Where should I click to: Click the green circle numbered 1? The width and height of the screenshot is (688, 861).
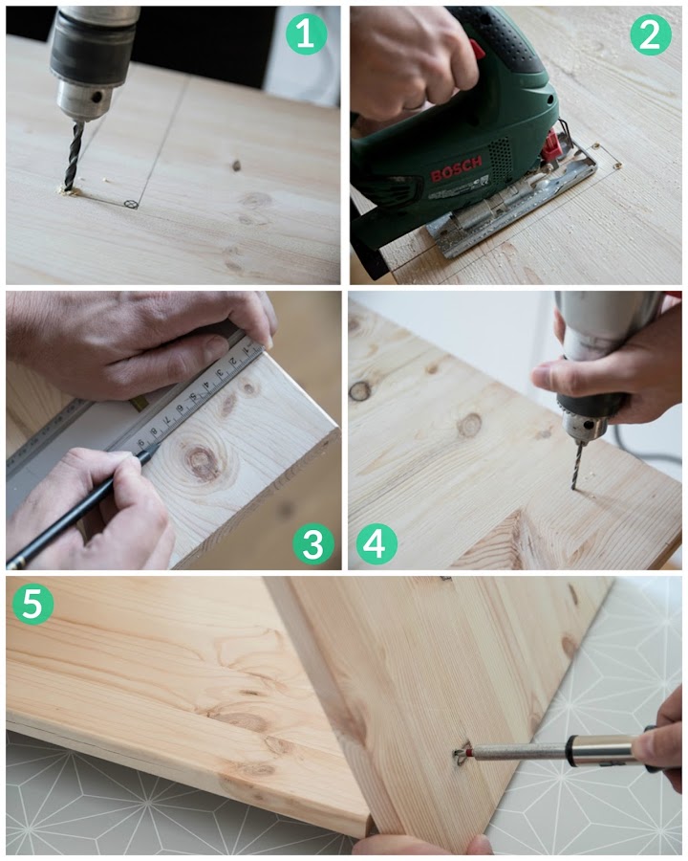pyautogui.click(x=306, y=34)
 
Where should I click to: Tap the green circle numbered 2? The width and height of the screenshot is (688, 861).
pyautogui.click(x=650, y=34)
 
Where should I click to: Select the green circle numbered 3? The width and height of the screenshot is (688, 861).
pyautogui.click(x=313, y=544)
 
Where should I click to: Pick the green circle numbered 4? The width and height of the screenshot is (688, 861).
pyautogui.click(x=376, y=544)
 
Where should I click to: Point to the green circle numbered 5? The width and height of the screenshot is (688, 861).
pyautogui.click(x=32, y=605)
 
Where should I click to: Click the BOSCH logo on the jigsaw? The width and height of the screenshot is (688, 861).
pyautogui.click(x=456, y=168)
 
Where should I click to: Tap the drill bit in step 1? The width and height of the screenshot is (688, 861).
pyautogui.click(x=74, y=155)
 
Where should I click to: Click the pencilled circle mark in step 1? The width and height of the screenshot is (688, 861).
pyautogui.click(x=131, y=205)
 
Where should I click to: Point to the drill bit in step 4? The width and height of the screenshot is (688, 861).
pyautogui.click(x=576, y=465)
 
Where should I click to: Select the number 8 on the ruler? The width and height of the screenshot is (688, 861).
pyautogui.click(x=155, y=431)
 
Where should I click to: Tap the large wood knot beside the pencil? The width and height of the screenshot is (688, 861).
pyautogui.click(x=202, y=459)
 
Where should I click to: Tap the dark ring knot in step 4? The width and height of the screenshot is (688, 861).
pyautogui.click(x=360, y=390)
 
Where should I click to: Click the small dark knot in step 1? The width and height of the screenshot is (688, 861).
pyautogui.click(x=236, y=165)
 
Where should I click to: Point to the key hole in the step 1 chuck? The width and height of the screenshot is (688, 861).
pyautogui.click(x=97, y=97)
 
